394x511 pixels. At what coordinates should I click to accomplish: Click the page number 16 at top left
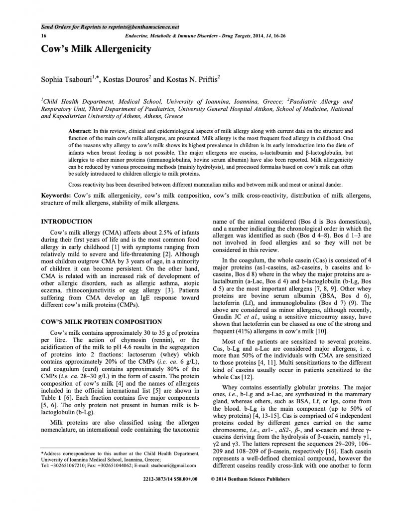tap(44, 37)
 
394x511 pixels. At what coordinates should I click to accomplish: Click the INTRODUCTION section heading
tap(66, 221)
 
